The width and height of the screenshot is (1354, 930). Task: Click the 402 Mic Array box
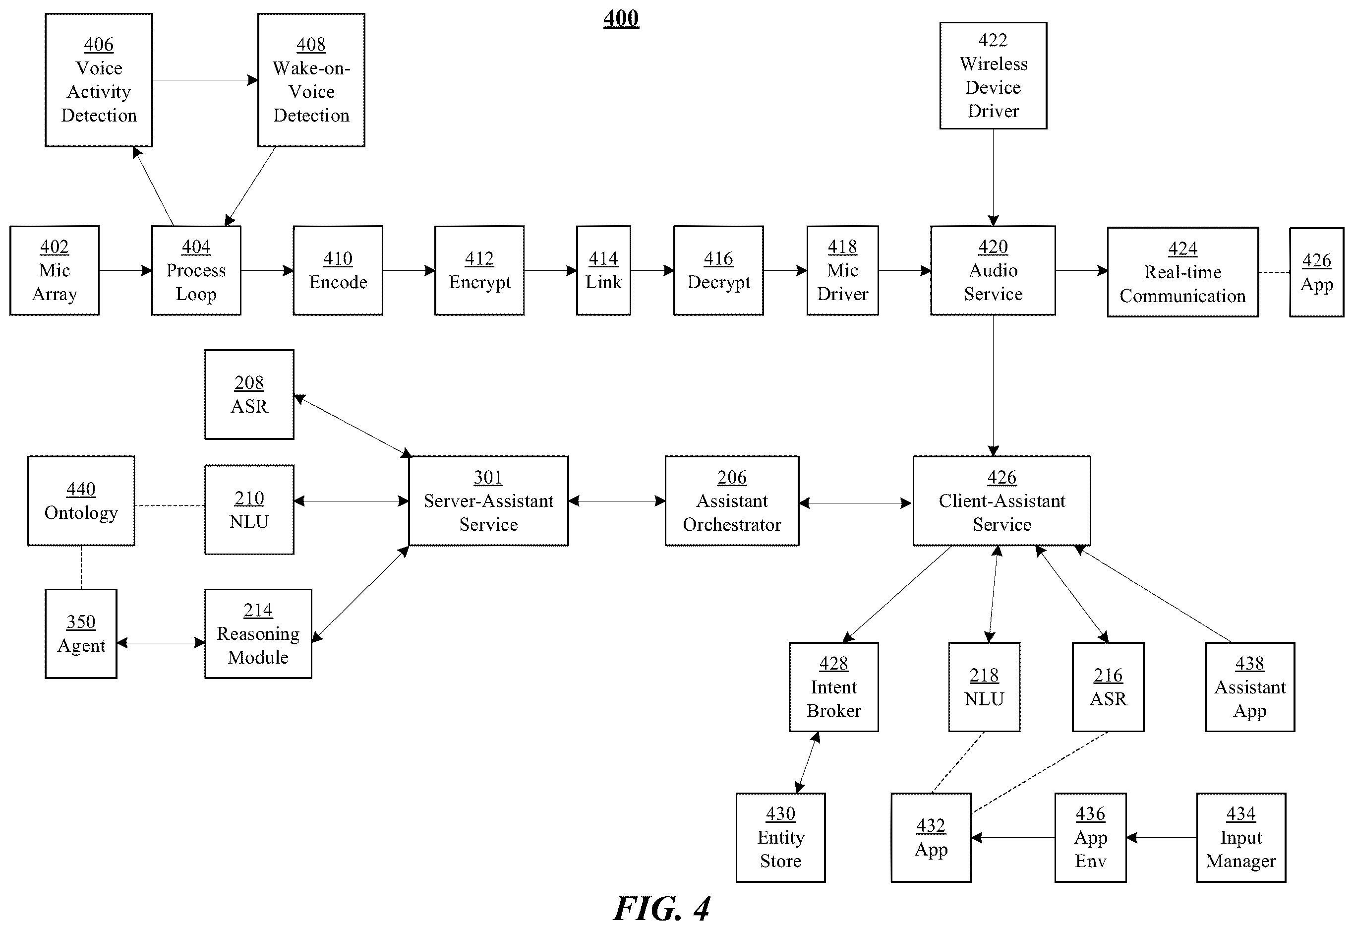pyautogui.click(x=55, y=271)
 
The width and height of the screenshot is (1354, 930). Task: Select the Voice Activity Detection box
pyautogui.click(x=99, y=80)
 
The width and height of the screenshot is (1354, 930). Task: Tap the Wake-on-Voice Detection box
pyautogui.click(x=312, y=80)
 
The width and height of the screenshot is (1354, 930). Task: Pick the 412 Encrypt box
pyautogui.click(x=479, y=271)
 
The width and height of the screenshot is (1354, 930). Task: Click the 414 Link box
pyautogui.click(x=603, y=271)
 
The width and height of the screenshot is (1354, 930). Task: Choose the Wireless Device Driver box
pyautogui.click(x=994, y=76)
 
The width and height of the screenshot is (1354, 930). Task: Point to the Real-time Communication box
pyautogui.click(x=1183, y=272)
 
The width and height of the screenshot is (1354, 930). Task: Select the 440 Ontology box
pyautogui.click(x=81, y=501)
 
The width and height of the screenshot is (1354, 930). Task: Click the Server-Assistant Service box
pyautogui.click(x=489, y=501)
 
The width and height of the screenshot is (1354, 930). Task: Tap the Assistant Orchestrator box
pyautogui.click(x=732, y=501)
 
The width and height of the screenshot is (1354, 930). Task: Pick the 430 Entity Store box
pyautogui.click(x=781, y=838)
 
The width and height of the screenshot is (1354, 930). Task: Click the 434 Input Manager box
pyautogui.click(x=1241, y=838)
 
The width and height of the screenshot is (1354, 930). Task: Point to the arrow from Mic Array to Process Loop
pyautogui.click(x=126, y=271)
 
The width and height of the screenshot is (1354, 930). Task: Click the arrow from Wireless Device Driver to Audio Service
pyautogui.click(x=994, y=178)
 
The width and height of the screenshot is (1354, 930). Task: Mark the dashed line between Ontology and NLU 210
pyautogui.click(x=170, y=506)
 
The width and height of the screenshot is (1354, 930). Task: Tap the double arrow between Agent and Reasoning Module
pyautogui.click(x=161, y=643)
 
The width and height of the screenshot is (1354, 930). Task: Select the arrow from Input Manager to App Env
pyautogui.click(x=1161, y=838)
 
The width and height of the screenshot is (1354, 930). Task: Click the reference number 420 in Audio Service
pyautogui.click(x=994, y=247)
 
